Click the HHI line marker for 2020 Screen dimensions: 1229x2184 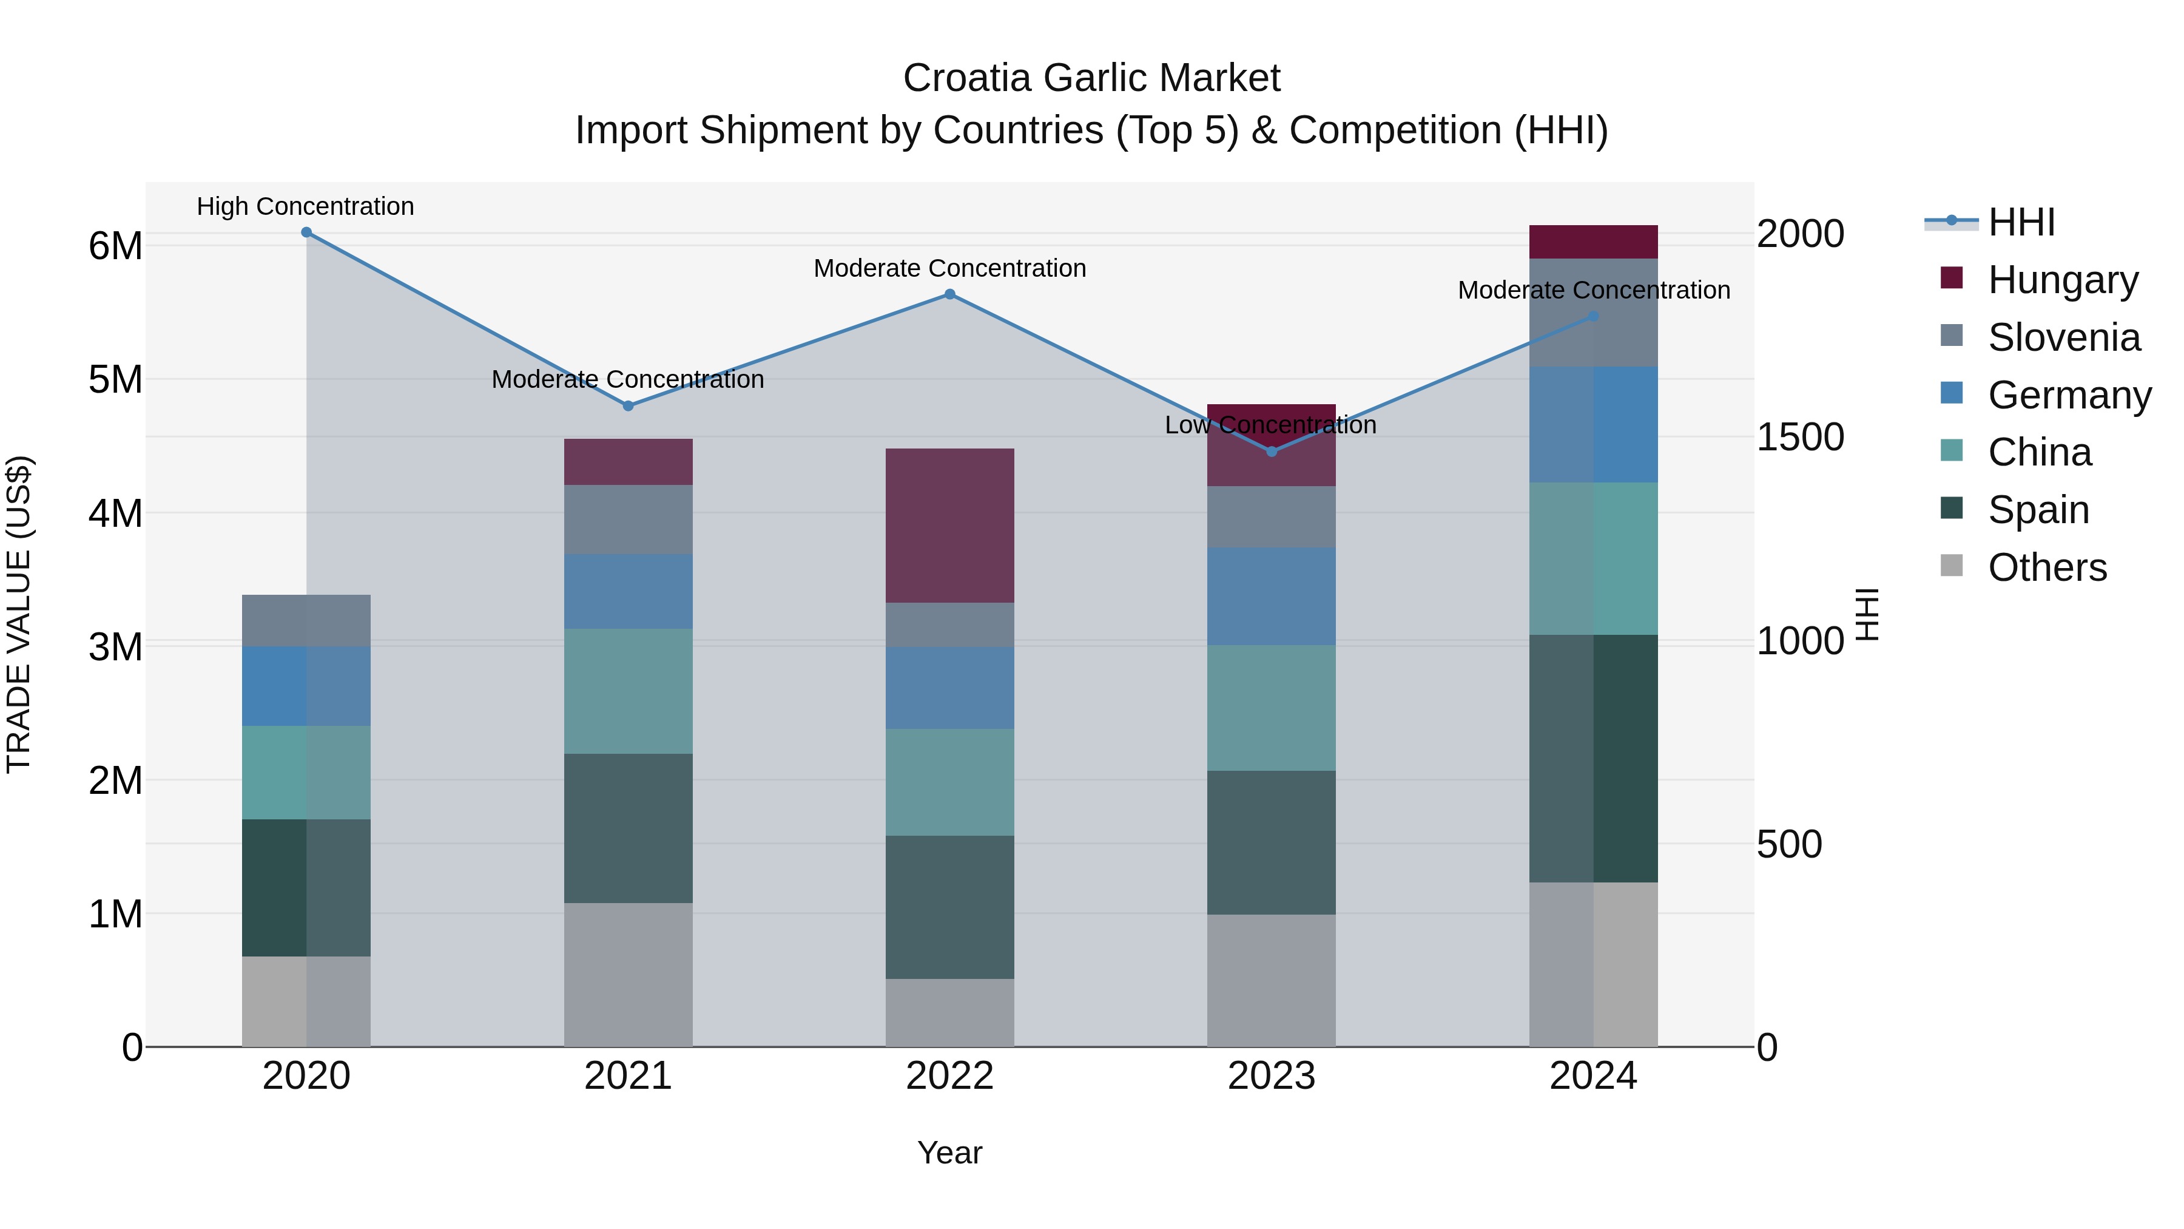306,232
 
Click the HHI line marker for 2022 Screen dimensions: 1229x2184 949,294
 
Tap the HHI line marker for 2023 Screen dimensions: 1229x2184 1271,451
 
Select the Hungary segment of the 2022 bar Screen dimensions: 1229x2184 949,525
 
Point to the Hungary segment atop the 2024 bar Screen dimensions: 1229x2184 1593,242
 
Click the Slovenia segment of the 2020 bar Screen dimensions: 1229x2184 306,620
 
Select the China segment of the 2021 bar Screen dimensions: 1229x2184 629,691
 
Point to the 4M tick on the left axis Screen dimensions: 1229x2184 115,513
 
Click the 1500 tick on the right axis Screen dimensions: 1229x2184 1799,437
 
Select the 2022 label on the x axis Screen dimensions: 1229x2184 949,1076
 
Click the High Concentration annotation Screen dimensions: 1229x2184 305,206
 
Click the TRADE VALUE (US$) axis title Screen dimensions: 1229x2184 19,614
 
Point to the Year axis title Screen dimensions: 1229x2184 949,1153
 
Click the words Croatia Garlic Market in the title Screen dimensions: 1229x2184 1091,78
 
